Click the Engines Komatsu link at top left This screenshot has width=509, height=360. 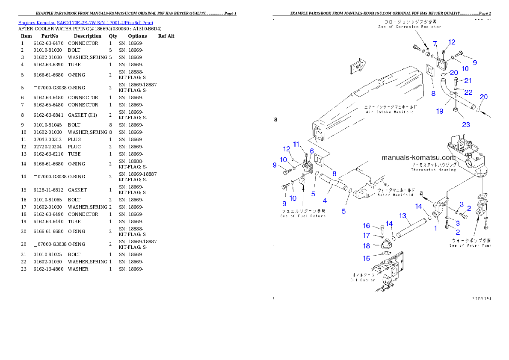click(86, 23)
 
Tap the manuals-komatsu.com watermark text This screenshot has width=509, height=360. click(419, 158)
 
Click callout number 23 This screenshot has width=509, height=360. click(466, 125)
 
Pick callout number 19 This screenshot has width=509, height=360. click(440, 111)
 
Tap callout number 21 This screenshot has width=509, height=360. click(468, 80)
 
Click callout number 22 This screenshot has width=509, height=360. click(468, 92)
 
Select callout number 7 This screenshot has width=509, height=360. click(435, 44)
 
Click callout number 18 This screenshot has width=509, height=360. click(367, 246)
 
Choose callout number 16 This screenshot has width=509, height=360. click(367, 226)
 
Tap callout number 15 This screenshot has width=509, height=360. click(367, 258)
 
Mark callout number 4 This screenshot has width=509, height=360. click(325, 200)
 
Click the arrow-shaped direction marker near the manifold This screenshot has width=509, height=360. click(356, 68)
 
